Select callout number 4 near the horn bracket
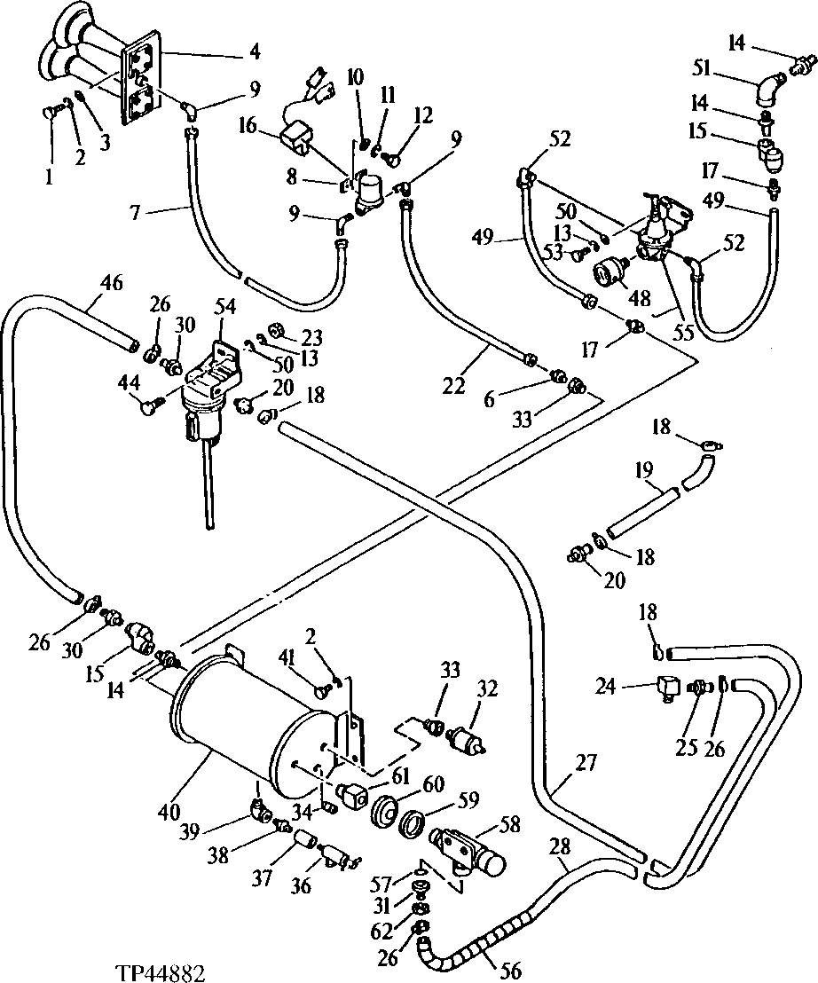tap(255, 52)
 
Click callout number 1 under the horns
tap(48, 177)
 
